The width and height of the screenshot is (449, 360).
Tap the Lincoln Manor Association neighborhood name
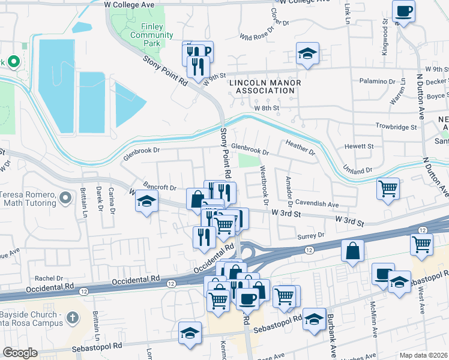click(x=264, y=86)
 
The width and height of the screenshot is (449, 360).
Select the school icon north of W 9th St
click(x=307, y=55)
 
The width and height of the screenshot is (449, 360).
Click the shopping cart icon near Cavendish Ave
click(x=388, y=188)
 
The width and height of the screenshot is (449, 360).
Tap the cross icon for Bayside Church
click(x=71, y=317)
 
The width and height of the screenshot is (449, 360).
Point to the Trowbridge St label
click(x=396, y=127)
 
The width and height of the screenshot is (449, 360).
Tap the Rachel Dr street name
click(x=49, y=278)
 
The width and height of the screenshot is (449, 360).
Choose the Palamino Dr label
click(x=377, y=81)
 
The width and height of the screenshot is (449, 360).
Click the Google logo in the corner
click(x=20, y=353)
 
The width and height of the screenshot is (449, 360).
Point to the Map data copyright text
click(x=424, y=355)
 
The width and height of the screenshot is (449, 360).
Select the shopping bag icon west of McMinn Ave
click(x=352, y=250)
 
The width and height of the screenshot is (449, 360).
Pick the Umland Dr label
click(x=357, y=171)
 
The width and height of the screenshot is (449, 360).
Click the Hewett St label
click(x=359, y=146)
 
